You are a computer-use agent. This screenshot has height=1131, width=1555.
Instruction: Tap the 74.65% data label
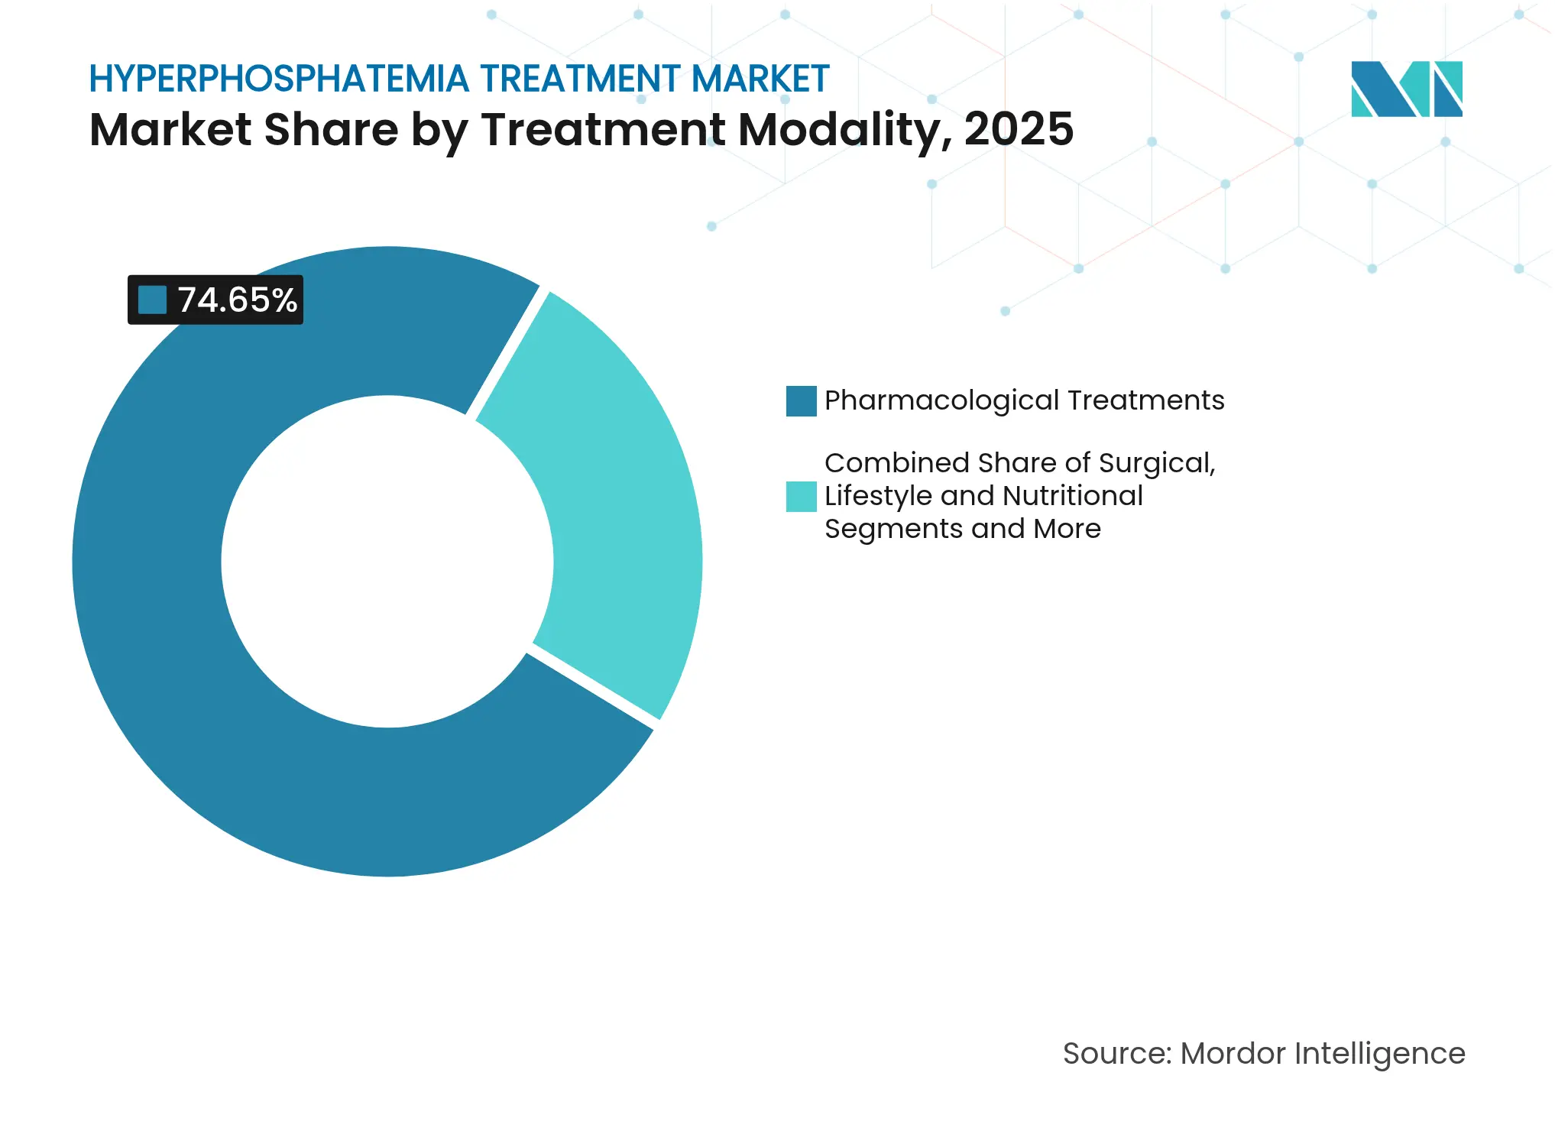coord(237,300)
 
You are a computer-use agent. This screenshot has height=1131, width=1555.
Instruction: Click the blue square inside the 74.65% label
coord(153,300)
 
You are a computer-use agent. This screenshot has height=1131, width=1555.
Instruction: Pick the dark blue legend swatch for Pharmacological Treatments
coord(801,400)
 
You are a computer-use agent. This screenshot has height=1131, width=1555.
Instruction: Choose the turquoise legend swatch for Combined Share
coord(801,496)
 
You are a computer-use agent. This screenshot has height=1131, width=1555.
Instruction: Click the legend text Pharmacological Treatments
coord(1024,400)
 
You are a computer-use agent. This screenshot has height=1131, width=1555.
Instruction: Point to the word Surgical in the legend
coord(1157,463)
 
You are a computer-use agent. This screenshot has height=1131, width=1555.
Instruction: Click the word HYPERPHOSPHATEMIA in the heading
coord(279,79)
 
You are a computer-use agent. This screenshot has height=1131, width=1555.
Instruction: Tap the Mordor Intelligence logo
coord(1406,89)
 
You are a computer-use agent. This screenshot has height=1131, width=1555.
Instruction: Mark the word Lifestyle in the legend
coord(878,496)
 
